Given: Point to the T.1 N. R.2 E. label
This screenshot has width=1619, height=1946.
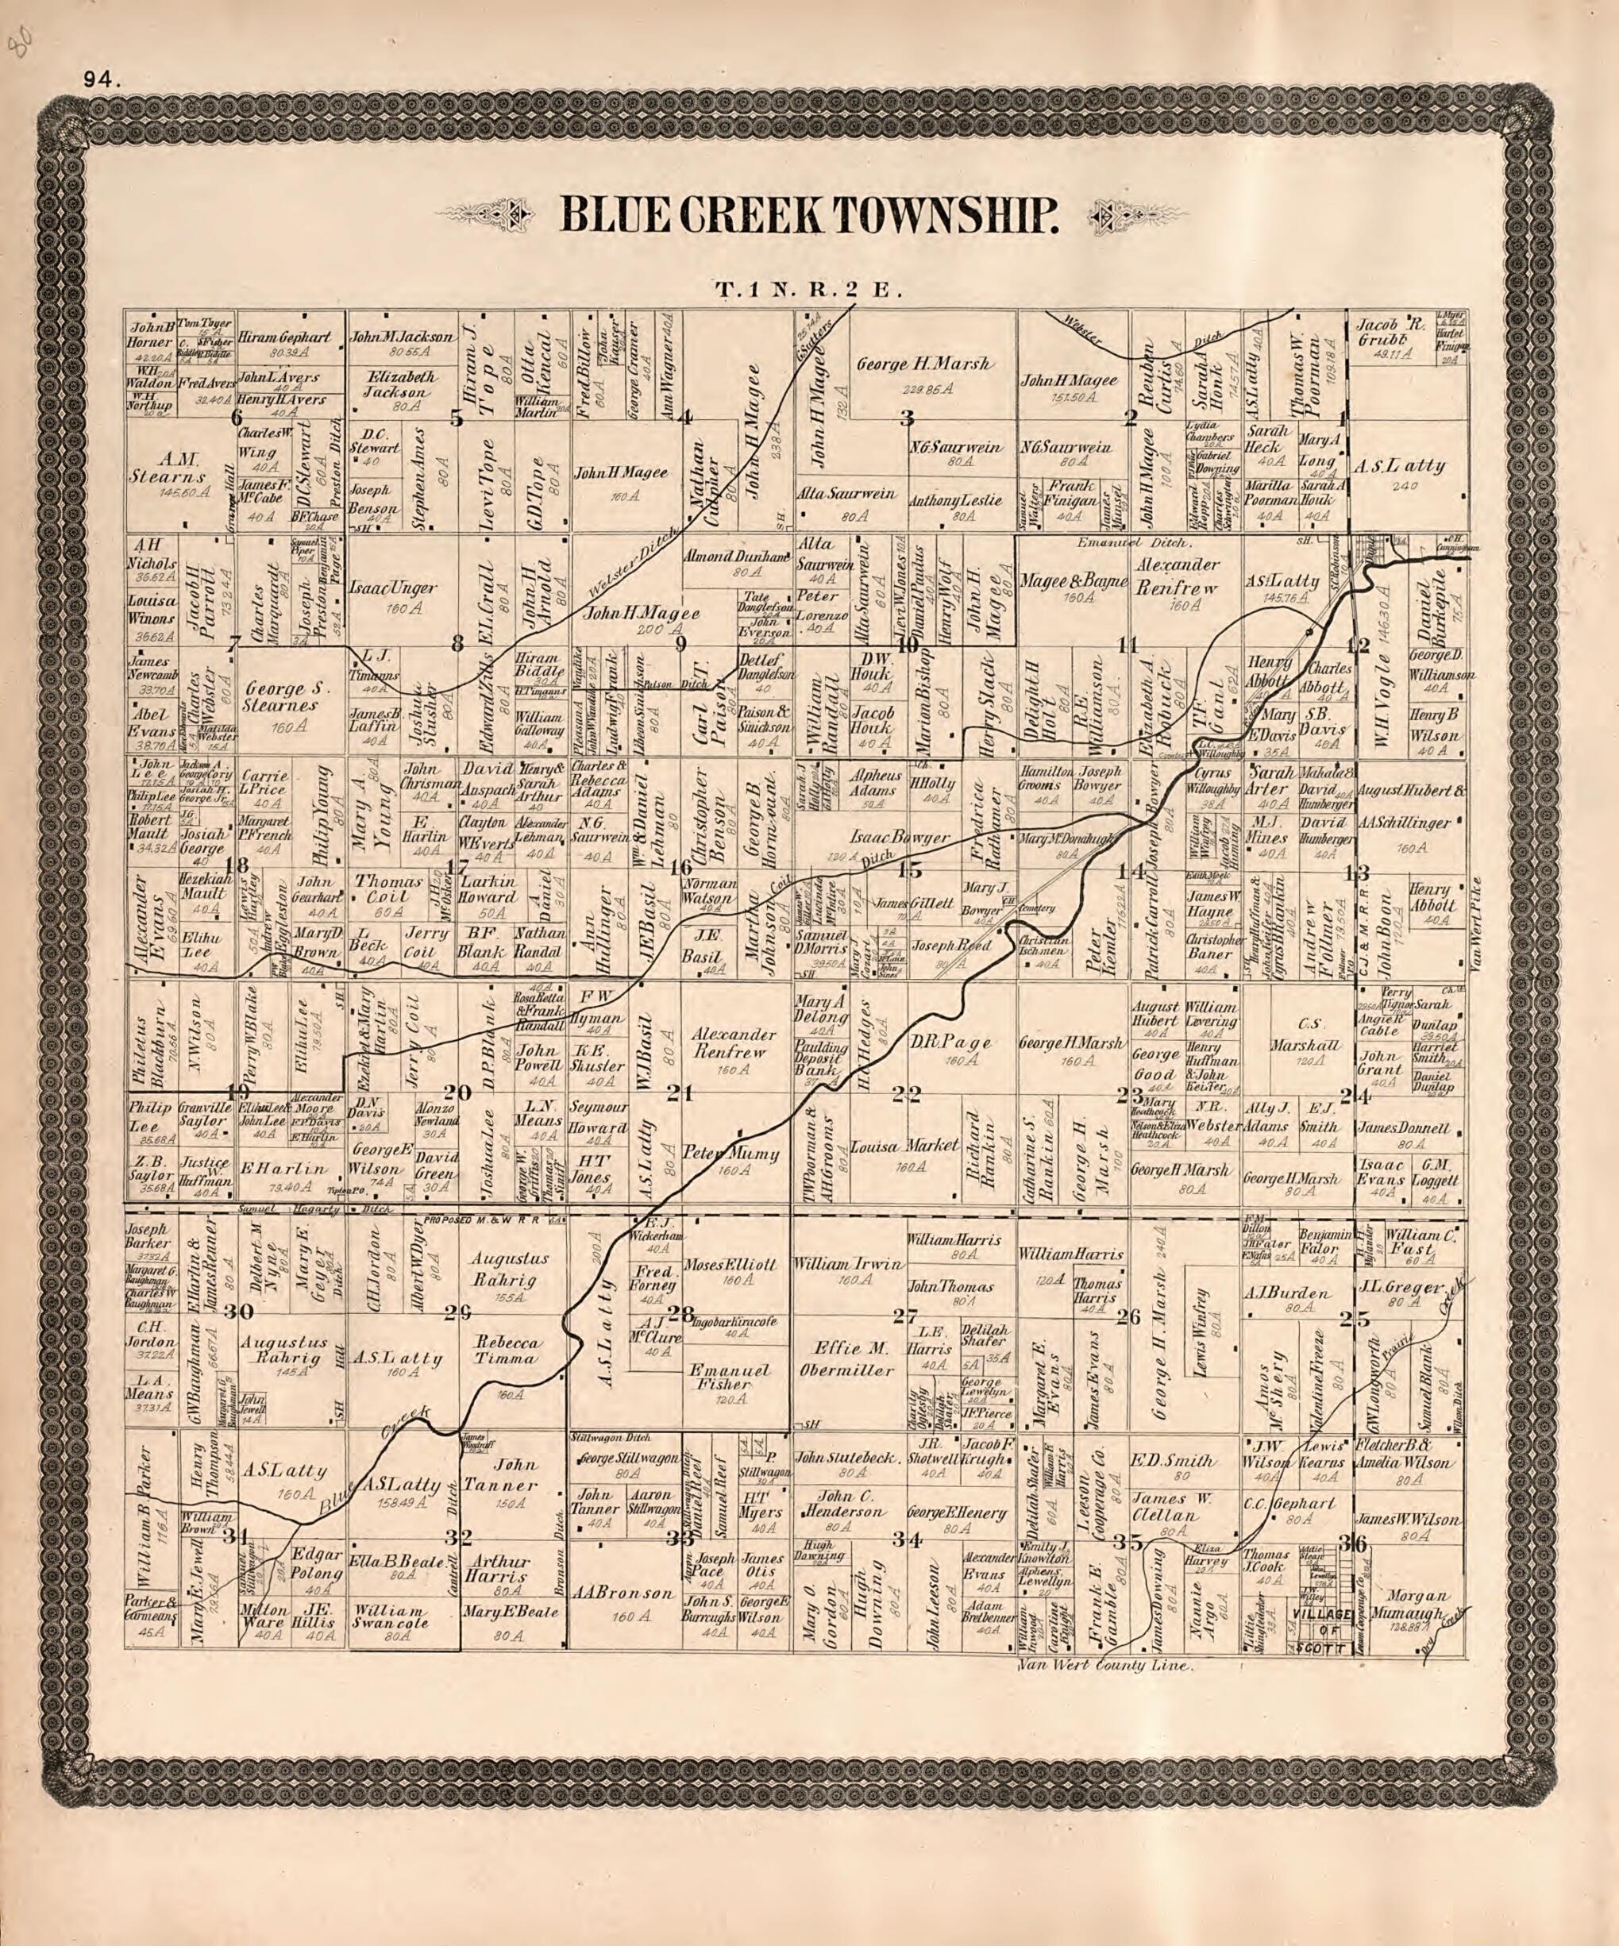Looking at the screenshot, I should pyautogui.click(x=808, y=290).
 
